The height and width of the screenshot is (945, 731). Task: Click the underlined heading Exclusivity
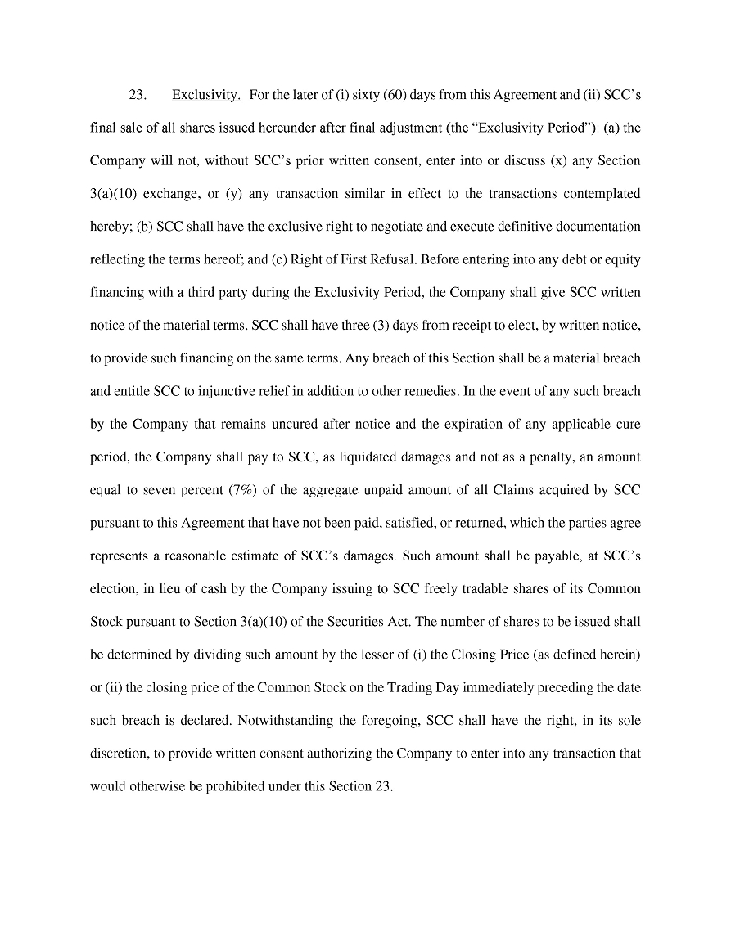coord(205,96)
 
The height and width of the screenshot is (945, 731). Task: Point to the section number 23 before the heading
coord(138,96)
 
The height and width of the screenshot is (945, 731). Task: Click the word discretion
coord(118,754)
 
